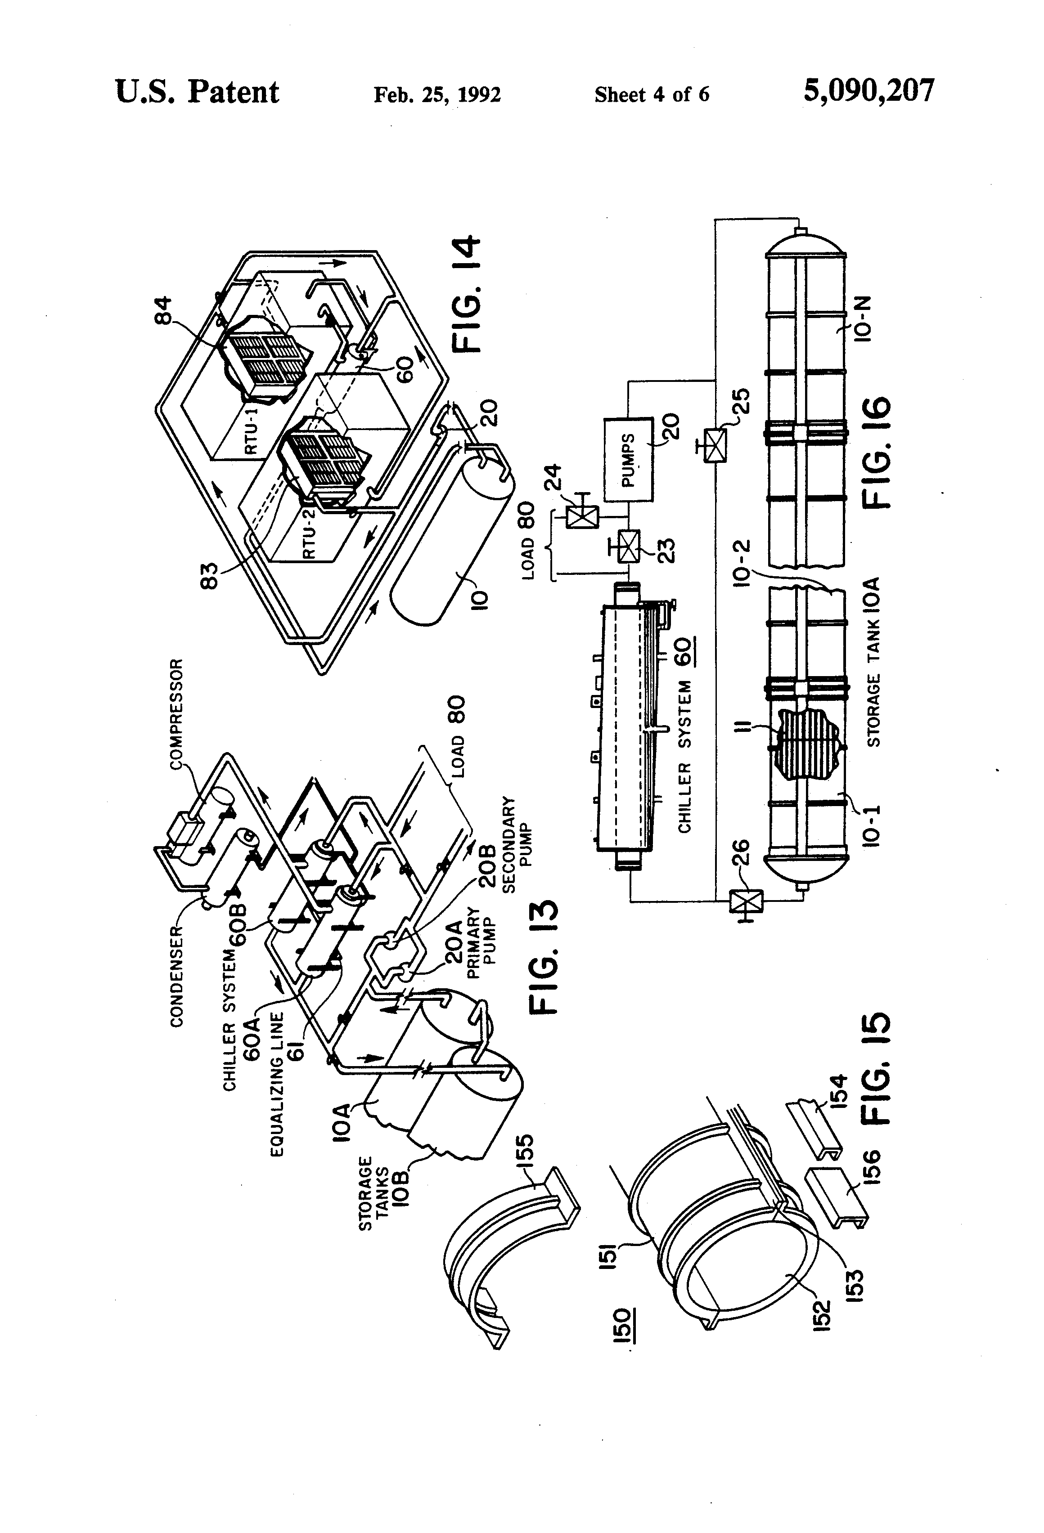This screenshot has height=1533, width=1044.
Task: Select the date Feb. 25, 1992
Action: (437, 94)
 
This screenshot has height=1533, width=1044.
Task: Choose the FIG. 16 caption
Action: (876, 453)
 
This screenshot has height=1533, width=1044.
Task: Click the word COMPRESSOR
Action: (177, 714)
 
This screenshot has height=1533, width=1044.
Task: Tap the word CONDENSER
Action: (176, 976)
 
